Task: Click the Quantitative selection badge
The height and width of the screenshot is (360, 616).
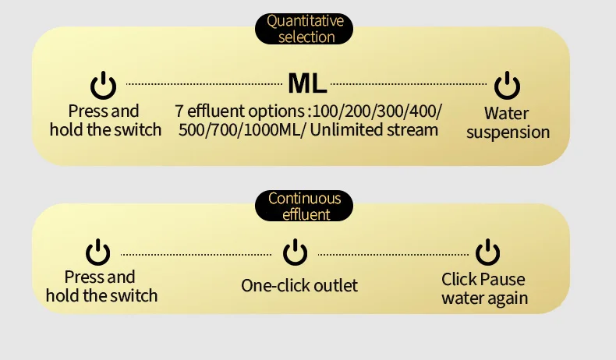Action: point(305,29)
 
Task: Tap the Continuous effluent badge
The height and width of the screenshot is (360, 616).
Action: point(304,206)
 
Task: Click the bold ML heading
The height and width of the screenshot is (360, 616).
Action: point(307,83)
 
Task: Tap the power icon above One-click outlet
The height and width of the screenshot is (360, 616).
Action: point(295,252)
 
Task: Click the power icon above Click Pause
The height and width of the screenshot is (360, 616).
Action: point(487,252)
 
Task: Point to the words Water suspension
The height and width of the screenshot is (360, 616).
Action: point(508,123)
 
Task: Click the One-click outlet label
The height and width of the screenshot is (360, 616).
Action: point(299,285)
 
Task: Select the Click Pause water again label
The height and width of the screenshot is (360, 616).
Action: point(484,288)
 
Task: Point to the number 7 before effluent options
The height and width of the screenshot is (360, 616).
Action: point(179,111)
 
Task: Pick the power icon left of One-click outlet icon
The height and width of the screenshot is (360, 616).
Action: point(97,252)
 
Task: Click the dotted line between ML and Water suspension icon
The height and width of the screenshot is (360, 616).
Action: point(410,83)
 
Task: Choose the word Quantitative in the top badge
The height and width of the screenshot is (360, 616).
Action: point(305,21)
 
